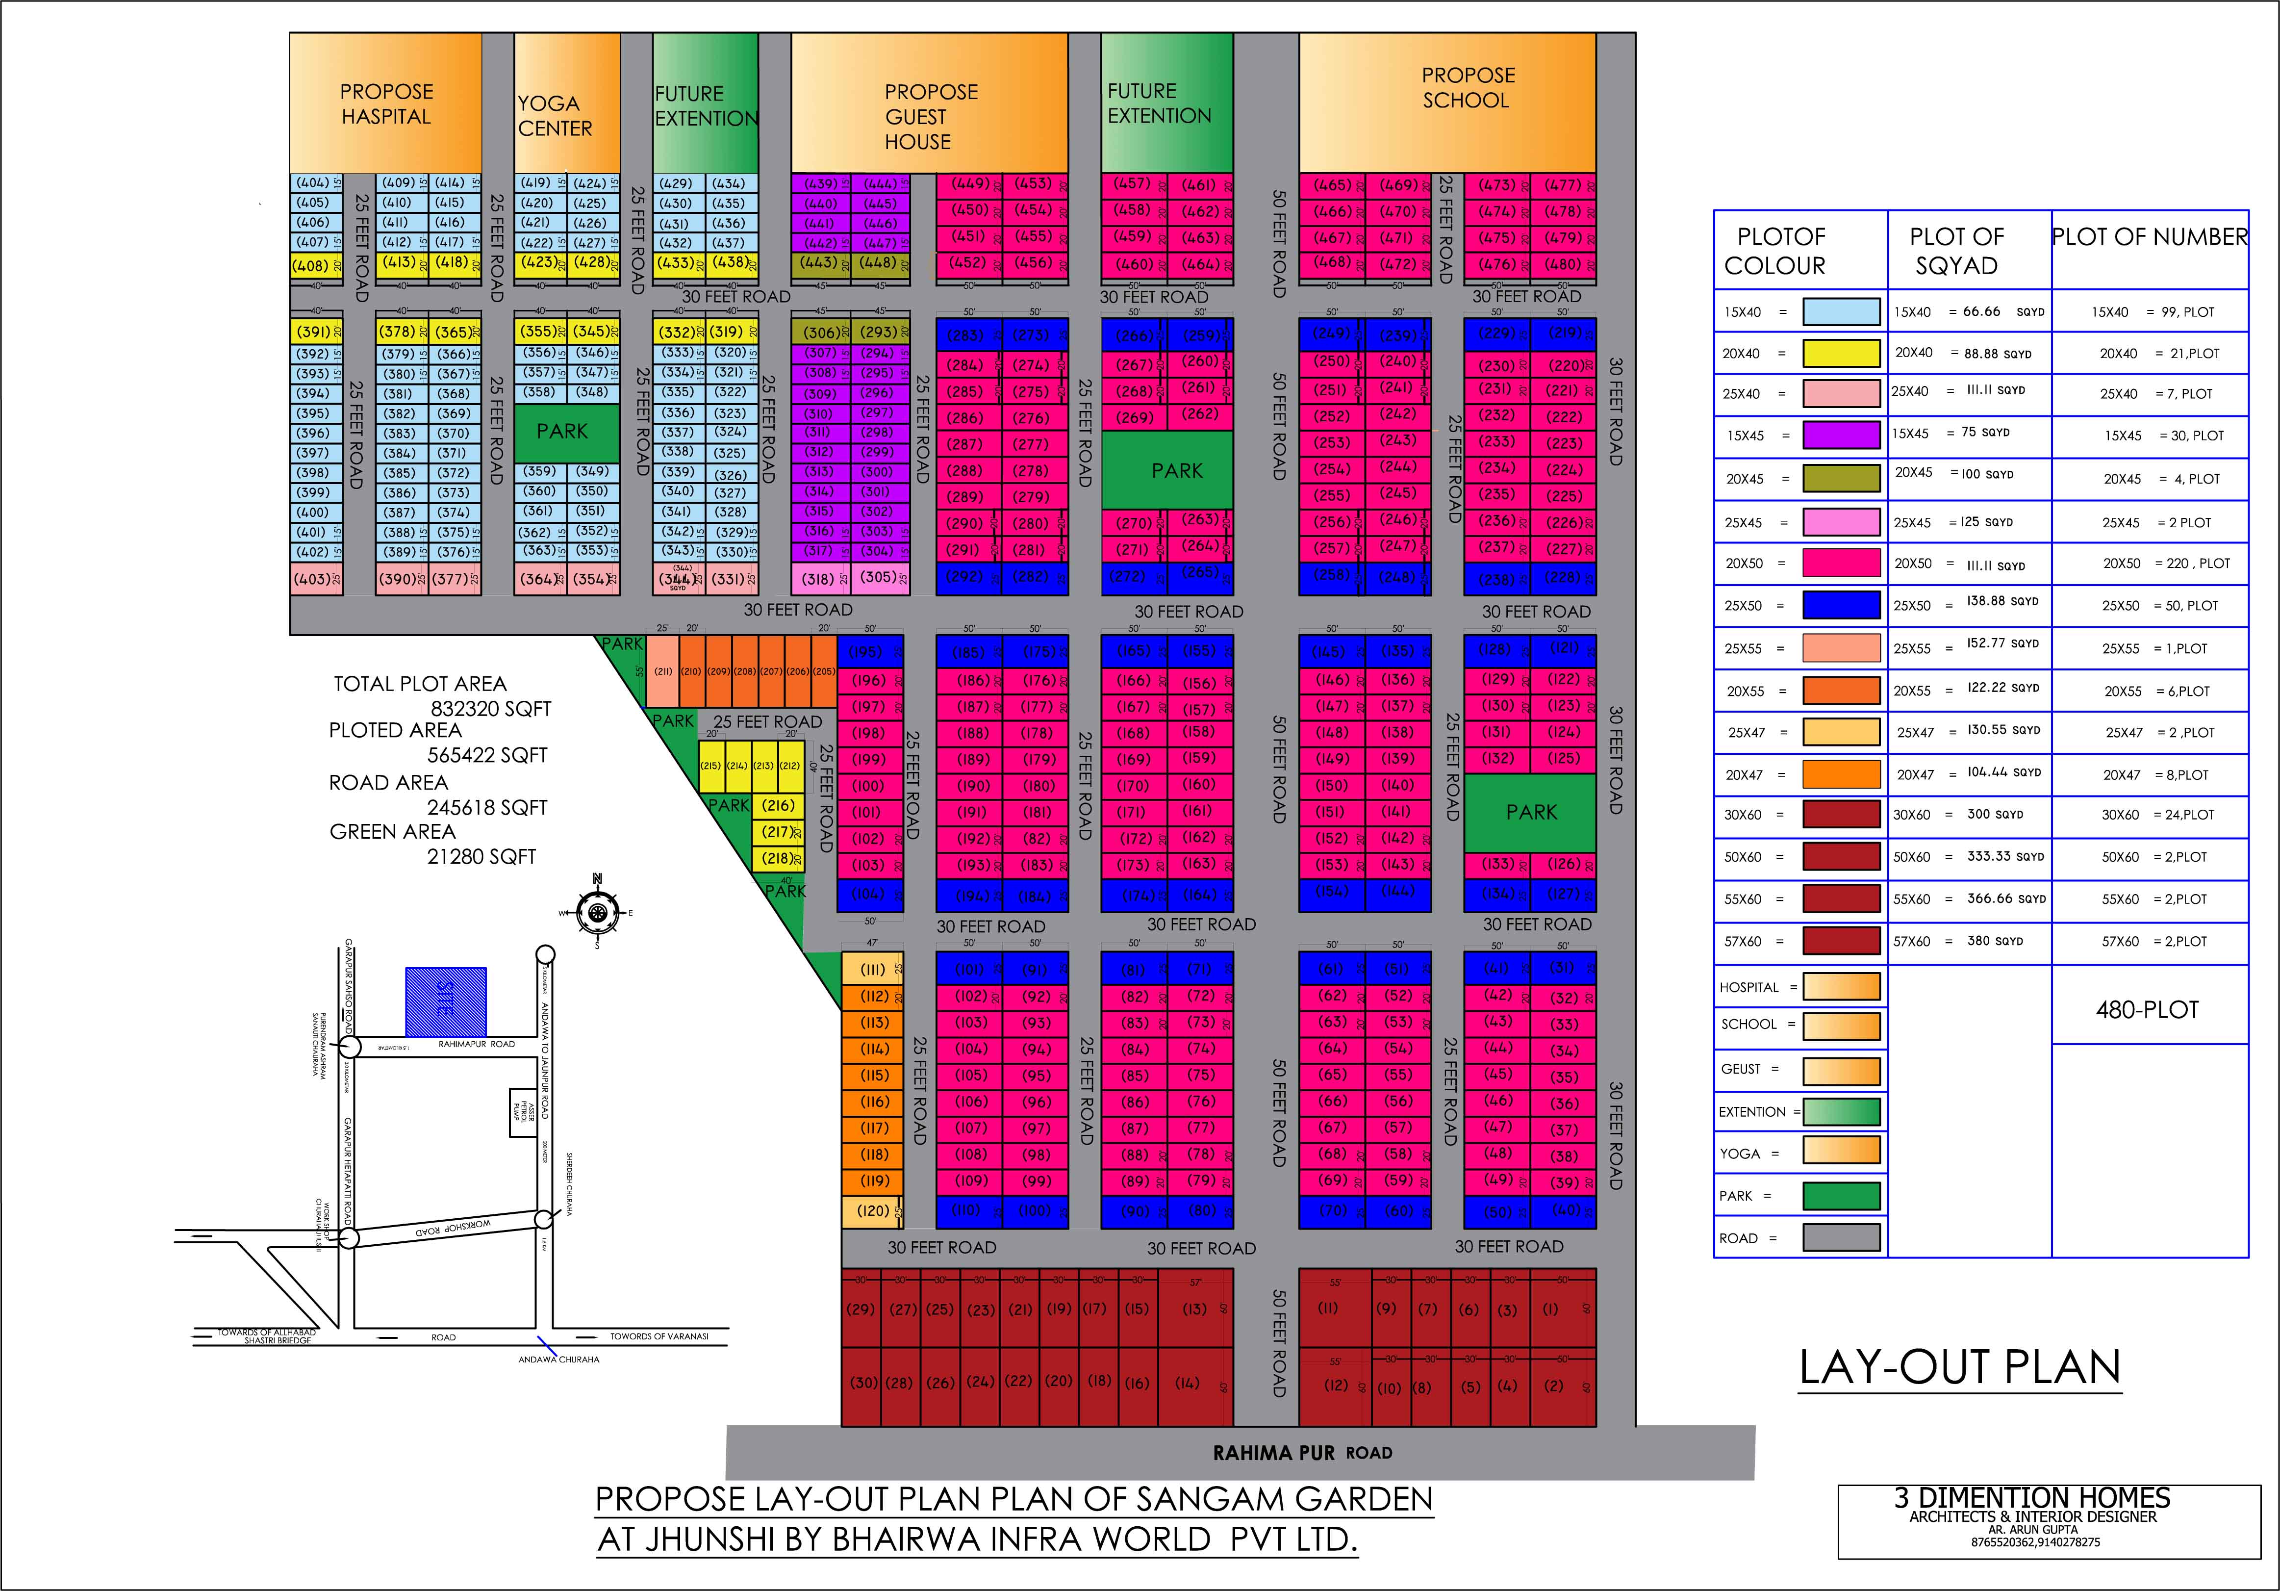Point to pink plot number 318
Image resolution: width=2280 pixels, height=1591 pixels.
pos(820,578)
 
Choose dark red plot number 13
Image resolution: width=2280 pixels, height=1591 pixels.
pos(1194,1309)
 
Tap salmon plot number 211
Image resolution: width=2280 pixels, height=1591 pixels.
pos(662,671)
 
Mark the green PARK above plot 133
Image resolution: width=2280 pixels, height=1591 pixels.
pos(1530,812)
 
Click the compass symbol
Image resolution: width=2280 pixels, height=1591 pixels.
pos(597,912)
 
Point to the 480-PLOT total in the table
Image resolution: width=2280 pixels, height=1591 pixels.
pos(2148,1010)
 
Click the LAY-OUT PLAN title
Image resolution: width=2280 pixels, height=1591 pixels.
pos(1959,1367)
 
